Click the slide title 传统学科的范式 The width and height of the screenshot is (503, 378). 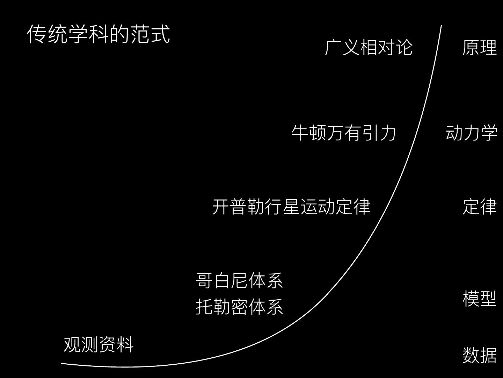click(99, 34)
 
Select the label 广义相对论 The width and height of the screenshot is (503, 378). click(369, 47)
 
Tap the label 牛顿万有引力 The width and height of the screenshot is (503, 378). click(344, 133)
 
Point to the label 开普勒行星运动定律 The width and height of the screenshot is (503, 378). click(291, 206)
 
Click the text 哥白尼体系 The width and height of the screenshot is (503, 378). click(239, 281)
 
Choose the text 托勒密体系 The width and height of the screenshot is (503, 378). click(239, 307)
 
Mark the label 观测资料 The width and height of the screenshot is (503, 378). click(99, 344)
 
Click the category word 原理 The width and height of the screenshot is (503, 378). click(479, 47)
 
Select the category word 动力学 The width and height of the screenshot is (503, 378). click(471, 133)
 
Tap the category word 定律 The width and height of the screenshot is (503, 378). click(479, 206)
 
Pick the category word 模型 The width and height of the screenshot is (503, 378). click(479, 299)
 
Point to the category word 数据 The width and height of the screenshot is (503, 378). click(479, 355)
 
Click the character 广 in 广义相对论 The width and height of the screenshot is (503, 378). click(333, 47)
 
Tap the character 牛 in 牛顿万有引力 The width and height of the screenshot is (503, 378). click(300, 133)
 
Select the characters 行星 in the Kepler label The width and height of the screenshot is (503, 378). click(283, 206)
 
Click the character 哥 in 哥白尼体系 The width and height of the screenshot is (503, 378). click(204, 281)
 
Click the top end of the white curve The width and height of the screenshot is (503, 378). click(441, 26)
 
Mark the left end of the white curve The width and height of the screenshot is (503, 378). click(62, 363)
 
